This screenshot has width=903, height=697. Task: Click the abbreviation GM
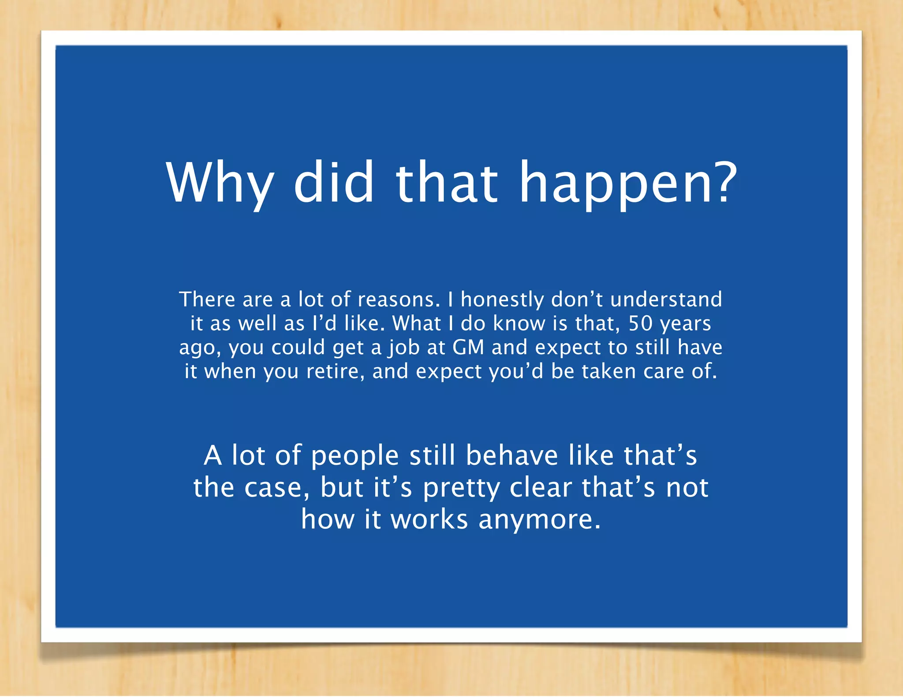point(468,348)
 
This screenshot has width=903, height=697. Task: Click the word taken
point(608,371)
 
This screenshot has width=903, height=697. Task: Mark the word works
point(429,519)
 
